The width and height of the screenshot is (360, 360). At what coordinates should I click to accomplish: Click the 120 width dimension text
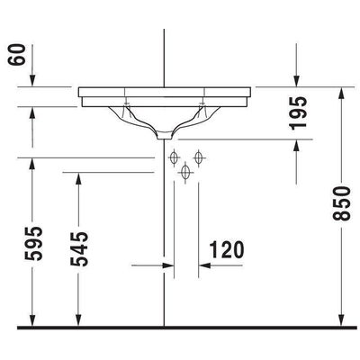pyautogui.click(x=226, y=248)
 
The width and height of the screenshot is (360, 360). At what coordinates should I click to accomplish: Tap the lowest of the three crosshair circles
pyautogui.click(x=186, y=172)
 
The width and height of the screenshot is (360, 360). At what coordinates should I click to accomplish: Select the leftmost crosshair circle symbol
pyautogui.click(x=175, y=158)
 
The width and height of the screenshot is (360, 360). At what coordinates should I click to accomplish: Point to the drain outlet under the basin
pyautogui.click(x=165, y=136)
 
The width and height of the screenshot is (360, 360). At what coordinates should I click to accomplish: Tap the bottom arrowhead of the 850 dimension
pyautogui.click(x=341, y=319)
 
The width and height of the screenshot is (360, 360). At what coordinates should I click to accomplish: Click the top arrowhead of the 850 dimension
pyautogui.click(x=341, y=93)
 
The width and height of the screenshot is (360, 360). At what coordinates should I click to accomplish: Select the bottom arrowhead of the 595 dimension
pyautogui.click(x=33, y=319)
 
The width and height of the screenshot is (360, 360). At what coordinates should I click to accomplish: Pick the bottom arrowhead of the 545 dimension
pyautogui.click(x=80, y=319)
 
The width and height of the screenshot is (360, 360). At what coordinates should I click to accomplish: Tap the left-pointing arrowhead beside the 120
pyautogui.click(x=203, y=266)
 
